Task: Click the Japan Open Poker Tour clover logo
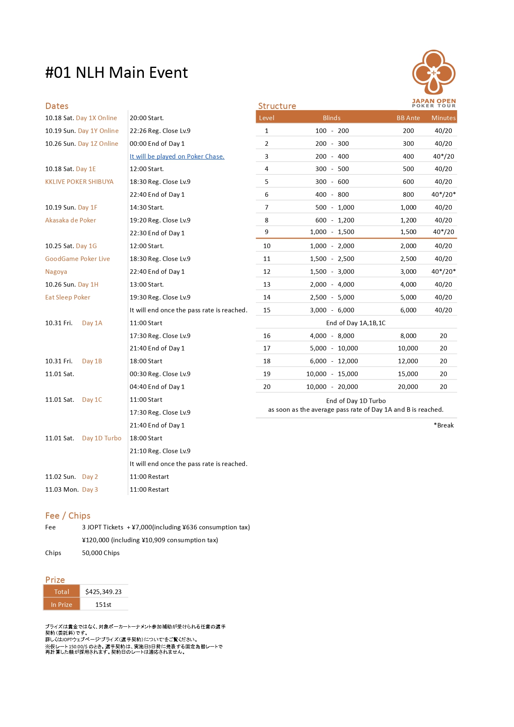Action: [434, 73]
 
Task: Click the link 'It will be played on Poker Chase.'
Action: [177, 157]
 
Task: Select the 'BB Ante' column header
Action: [408, 118]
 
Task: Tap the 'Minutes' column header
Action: [443, 118]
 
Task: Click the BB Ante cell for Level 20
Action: [408, 387]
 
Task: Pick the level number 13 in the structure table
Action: [267, 285]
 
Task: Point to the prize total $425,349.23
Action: [103, 592]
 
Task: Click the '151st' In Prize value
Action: [103, 605]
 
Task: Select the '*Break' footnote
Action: [444, 425]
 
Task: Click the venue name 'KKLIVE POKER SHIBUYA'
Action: [79, 182]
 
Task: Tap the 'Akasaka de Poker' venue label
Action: [70, 220]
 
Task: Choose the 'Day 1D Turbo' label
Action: [102, 438]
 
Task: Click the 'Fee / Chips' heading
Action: [68, 516]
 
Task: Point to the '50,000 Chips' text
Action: [101, 553]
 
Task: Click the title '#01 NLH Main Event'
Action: [116, 73]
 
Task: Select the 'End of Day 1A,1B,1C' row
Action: [356, 323]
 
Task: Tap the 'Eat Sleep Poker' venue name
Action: [68, 297]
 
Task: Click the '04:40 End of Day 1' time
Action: [157, 387]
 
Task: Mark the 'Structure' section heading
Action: [277, 106]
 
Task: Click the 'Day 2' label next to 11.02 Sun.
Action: [90, 477]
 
